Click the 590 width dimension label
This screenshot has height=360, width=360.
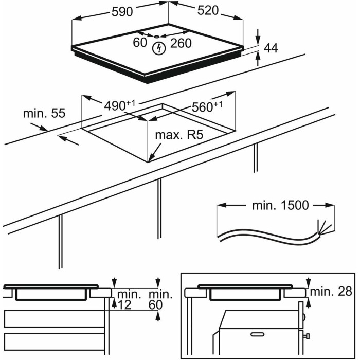click(x=122, y=12)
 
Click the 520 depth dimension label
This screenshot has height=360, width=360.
click(x=207, y=12)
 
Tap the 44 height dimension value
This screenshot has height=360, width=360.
click(x=271, y=48)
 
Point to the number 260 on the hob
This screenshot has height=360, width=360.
click(x=181, y=43)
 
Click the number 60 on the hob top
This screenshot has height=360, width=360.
click(x=140, y=43)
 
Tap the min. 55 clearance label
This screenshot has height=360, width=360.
click(x=44, y=113)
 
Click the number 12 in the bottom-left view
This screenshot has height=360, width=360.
click(x=123, y=305)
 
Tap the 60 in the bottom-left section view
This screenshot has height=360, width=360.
click(x=156, y=305)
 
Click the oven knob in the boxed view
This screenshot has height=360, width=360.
click(x=307, y=337)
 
